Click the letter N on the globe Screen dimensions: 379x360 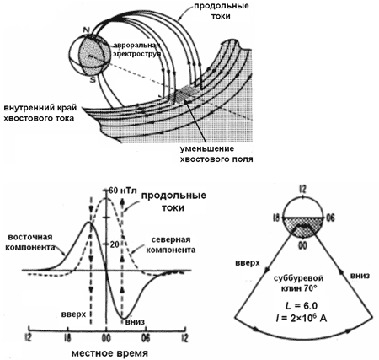click(x=86, y=30)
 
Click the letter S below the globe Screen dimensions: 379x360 click(x=93, y=80)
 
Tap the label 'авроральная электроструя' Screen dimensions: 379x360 click(x=137, y=50)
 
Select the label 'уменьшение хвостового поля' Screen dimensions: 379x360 click(x=216, y=153)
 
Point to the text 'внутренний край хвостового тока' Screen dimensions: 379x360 click(x=40, y=113)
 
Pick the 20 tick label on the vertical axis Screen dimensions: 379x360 click(x=115, y=244)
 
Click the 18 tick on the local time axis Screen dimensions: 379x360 click(x=67, y=337)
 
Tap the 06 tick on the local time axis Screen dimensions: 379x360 click(x=145, y=337)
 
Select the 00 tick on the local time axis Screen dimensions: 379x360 click(x=106, y=337)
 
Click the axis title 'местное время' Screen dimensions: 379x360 click(x=109, y=353)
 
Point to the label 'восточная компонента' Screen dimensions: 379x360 click(x=30, y=242)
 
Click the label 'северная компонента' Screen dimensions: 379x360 click(x=171, y=244)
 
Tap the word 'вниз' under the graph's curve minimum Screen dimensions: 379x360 click(x=135, y=321)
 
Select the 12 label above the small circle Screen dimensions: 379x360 click(x=302, y=190)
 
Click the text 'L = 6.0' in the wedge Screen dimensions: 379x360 click(x=302, y=305)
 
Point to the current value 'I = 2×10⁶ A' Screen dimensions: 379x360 click(x=302, y=318)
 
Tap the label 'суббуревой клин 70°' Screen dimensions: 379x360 click(x=298, y=283)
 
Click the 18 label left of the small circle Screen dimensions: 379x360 click(x=276, y=218)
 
